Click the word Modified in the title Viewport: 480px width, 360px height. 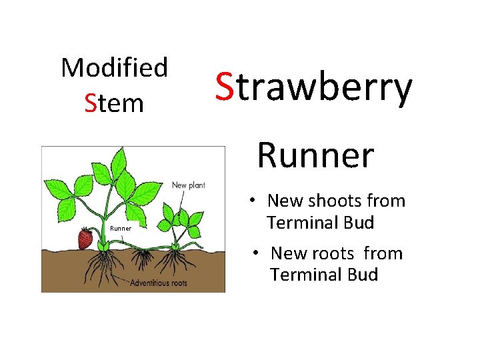click(114, 68)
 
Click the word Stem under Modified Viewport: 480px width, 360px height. click(114, 103)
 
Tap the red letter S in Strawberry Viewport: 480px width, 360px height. click(223, 89)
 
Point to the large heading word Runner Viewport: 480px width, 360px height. click(315, 155)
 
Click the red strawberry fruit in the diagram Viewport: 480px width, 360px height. click(85, 238)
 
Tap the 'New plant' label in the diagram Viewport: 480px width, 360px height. click(188, 185)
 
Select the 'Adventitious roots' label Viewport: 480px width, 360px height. click(159, 283)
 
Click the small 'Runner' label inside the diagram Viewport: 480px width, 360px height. click(121, 229)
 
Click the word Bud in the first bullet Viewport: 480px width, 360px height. click(359, 222)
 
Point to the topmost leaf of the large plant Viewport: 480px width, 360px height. click(121, 159)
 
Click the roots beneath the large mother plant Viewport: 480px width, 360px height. click(100, 263)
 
